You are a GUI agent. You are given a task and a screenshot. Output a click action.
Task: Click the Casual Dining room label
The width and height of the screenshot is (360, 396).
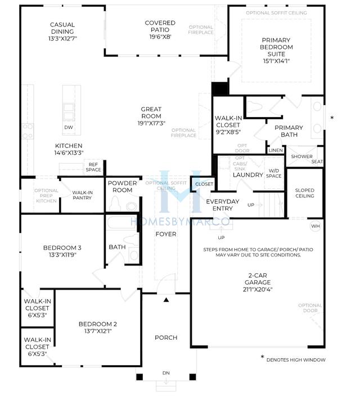pos(62,28)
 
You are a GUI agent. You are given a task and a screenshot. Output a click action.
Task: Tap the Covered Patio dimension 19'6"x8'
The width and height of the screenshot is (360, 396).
pos(160,37)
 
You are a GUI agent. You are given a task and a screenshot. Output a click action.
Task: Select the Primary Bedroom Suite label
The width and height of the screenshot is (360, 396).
pos(276,47)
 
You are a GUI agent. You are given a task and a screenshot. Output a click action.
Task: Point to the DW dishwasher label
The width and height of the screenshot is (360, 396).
pos(69,127)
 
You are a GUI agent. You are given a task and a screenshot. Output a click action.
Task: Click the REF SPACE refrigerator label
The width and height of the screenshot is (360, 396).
pos(93,167)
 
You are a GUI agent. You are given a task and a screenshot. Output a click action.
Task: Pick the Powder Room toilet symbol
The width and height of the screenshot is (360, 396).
pos(115,203)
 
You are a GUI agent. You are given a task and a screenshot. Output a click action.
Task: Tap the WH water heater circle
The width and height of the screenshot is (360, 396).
pos(316,226)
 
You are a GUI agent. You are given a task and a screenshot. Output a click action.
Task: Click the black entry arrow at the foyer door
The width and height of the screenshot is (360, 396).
pos(166,300)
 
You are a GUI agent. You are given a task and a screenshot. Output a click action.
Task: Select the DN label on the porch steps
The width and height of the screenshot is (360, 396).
pos(166,373)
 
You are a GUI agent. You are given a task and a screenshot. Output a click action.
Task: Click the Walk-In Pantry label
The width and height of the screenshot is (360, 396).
pos(82,195)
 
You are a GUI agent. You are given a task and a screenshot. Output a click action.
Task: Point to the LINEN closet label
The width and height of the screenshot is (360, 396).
pos(276,150)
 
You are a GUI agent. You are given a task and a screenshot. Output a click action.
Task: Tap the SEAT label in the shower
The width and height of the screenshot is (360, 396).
pos(317,161)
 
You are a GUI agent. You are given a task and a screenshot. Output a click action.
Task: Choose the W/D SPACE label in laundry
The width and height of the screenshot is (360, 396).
pos(274,173)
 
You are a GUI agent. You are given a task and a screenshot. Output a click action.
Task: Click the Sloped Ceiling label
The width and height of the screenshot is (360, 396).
pos(305,193)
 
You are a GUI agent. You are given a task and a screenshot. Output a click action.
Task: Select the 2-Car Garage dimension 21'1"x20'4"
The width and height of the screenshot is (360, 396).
pos(258,290)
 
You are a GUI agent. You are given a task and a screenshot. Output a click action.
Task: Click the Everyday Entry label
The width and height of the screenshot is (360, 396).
pos(223,205)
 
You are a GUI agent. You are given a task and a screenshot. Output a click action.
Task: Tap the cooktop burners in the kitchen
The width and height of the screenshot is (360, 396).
pos(28,131)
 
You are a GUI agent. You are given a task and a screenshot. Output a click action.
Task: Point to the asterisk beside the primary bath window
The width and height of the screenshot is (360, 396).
pos(332,118)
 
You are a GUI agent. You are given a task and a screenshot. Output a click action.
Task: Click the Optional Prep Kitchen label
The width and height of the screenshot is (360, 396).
pos(46,196)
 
